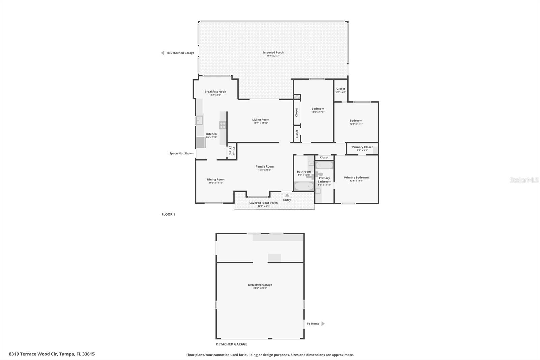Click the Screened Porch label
(273, 52)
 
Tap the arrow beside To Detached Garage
(163, 53)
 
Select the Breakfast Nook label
(215, 92)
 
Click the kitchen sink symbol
(199, 120)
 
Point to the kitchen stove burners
(223, 125)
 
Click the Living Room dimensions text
(261, 123)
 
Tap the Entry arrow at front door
(287, 195)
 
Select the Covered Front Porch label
(263, 203)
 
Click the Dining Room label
(215, 180)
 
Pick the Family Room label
(265, 166)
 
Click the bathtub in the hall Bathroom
(304, 186)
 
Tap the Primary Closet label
(362, 147)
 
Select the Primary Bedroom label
(356, 177)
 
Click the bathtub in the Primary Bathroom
(324, 165)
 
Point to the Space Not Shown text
(181, 153)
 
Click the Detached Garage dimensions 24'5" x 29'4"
(260, 288)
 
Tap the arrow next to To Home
(323, 324)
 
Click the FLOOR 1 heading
(168, 214)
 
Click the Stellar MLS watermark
(524, 180)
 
